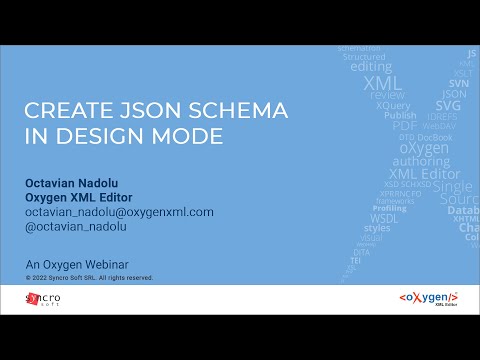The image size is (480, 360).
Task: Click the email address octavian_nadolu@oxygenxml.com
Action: point(119,213)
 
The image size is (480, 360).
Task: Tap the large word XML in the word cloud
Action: point(383,83)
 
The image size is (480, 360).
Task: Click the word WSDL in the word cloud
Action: point(384,217)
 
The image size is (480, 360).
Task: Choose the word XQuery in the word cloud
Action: point(393,105)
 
